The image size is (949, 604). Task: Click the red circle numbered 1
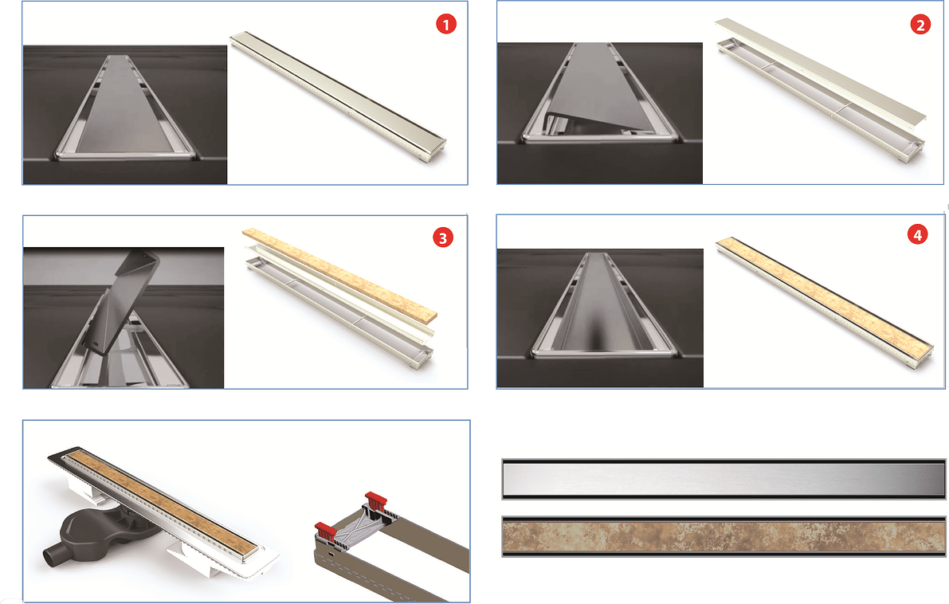point(446,24)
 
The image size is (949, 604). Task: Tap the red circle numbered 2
point(920,24)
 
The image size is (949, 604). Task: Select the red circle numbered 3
point(442,237)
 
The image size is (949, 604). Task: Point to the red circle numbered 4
point(918,235)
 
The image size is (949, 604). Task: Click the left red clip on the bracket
point(325,531)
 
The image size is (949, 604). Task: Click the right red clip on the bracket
point(375,501)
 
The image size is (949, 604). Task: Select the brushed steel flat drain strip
point(724,479)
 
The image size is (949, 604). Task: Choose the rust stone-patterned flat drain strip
point(724,536)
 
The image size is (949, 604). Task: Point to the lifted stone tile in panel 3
point(339,274)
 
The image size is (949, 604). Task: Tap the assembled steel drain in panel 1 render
point(338,97)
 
